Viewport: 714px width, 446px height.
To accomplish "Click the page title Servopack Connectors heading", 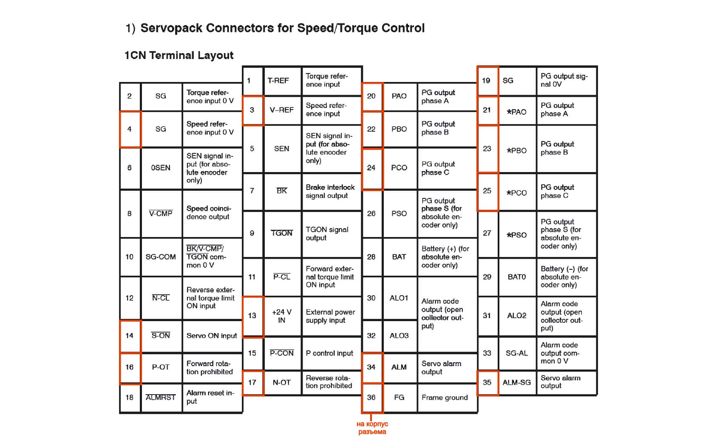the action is (x=275, y=28).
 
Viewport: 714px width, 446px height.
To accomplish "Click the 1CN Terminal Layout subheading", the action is (x=179, y=55).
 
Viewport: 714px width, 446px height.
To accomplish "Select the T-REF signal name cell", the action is (x=282, y=81).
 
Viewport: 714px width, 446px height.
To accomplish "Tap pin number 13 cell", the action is (x=253, y=316).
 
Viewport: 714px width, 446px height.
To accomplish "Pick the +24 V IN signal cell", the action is (x=282, y=316).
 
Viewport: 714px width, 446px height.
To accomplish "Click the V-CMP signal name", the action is (x=161, y=213).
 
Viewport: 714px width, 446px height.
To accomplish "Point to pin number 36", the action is (x=371, y=398).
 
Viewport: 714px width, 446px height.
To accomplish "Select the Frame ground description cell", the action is (x=447, y=398).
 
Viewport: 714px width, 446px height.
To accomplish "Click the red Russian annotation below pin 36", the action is (x=372, y=428).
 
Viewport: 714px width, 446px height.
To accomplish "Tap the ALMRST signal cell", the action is (x=161, y=398).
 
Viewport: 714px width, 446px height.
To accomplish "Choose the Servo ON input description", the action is (x=212, y=336).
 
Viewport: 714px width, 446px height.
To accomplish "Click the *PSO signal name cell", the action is (x=517, y=235).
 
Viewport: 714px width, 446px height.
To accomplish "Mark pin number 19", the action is (x=487, y=81).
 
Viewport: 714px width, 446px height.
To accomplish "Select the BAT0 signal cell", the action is (x=517, y=277).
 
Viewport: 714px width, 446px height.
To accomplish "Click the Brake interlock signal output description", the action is (x=331, y=192).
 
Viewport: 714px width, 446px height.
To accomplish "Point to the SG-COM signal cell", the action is (x=161, y=257).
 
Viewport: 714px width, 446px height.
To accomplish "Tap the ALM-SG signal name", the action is (x=517, y=383).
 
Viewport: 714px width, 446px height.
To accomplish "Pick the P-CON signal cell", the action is (x=282, y=353).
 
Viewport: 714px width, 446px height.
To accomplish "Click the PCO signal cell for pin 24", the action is (x=399, y=168).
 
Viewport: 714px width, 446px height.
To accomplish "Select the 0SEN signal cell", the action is (x=161, y=168).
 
